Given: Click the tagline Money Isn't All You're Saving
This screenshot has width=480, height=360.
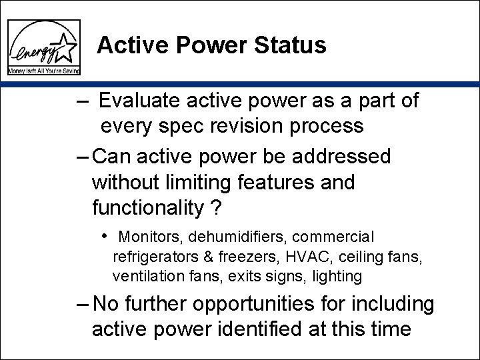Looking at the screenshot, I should click(44, 70).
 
